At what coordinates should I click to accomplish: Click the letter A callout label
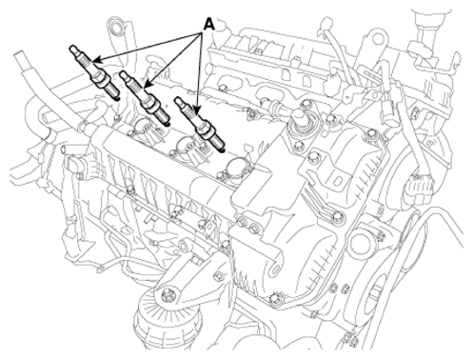click(x=208, y=24)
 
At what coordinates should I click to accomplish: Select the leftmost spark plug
click(x=94, y=72)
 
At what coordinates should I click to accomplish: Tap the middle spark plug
click(x=145, y=98)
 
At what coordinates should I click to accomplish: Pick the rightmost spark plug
click(x=200, y=125)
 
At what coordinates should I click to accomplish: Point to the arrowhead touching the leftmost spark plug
click(x=97, y=59)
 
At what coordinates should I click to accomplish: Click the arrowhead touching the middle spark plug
click(x=148, y=83)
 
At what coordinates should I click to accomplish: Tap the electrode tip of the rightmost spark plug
click(x=224, y=150)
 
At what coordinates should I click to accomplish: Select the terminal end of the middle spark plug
click(x=125, y=75)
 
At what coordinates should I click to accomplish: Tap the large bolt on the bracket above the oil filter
click(x=167, y=295)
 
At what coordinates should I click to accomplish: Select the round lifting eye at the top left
click(x=115, y=26)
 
